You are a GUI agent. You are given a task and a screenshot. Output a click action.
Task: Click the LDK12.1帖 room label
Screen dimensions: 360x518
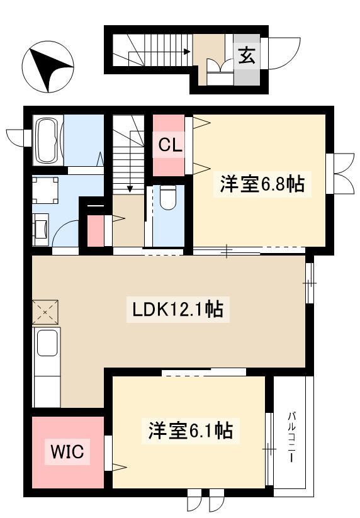tap(177, 309)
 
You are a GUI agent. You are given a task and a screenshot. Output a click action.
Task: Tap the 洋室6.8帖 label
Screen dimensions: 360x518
tap(262, 184)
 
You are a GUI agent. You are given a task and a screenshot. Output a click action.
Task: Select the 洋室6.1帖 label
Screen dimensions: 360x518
tap(191, 431)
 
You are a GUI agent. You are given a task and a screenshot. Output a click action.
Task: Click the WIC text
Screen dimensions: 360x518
tap(67, 452)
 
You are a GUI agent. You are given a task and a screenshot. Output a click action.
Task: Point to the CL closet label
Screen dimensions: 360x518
tap(170, 145)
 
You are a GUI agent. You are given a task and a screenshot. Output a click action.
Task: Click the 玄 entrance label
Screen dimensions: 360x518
tap(247, 55)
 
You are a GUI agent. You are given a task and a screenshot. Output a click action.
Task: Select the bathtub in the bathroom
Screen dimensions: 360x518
tap(48, 140)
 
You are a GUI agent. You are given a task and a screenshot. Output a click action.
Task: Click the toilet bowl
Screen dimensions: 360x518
tap(167, 197)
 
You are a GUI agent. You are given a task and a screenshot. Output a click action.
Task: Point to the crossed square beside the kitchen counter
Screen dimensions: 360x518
tap(45, 312)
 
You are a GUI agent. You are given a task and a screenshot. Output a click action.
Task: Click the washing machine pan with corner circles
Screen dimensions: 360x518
tap(45, 190)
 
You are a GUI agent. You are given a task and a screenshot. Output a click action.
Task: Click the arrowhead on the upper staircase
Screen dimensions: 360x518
tap(187, 52)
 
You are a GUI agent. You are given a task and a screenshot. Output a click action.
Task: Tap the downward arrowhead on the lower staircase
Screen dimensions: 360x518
tap(130, 189)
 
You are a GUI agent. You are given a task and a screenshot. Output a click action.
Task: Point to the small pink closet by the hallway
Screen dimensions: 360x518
tap(96, 230)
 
